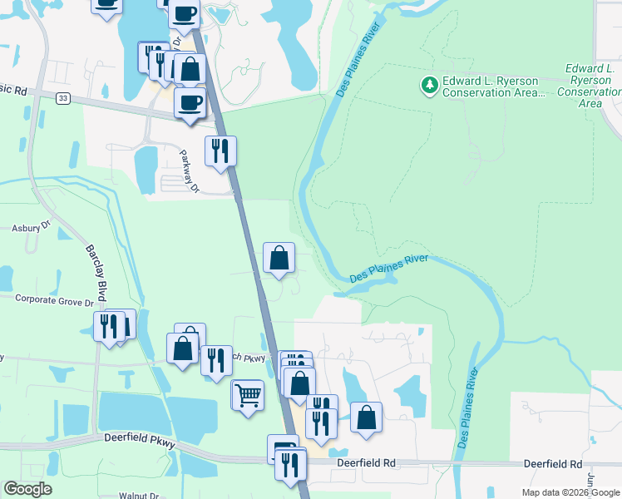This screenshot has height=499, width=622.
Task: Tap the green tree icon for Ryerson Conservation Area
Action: tap(429, 84)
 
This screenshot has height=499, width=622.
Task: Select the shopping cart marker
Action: tap(248, 394)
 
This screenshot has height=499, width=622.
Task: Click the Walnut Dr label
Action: tap(137, 496)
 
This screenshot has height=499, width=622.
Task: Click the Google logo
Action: tap(28, 489)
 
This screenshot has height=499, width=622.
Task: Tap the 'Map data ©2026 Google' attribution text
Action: tap(571, 492)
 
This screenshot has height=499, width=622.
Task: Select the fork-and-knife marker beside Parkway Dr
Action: tap(220, 151)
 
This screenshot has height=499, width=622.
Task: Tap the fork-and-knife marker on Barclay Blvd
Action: tap(108, 326)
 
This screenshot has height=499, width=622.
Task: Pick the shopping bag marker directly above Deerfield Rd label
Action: tap(366, 417)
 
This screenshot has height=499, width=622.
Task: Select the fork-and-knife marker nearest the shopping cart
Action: tap(216, 361)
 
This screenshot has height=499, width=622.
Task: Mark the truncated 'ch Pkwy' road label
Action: tap(253, 358)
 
